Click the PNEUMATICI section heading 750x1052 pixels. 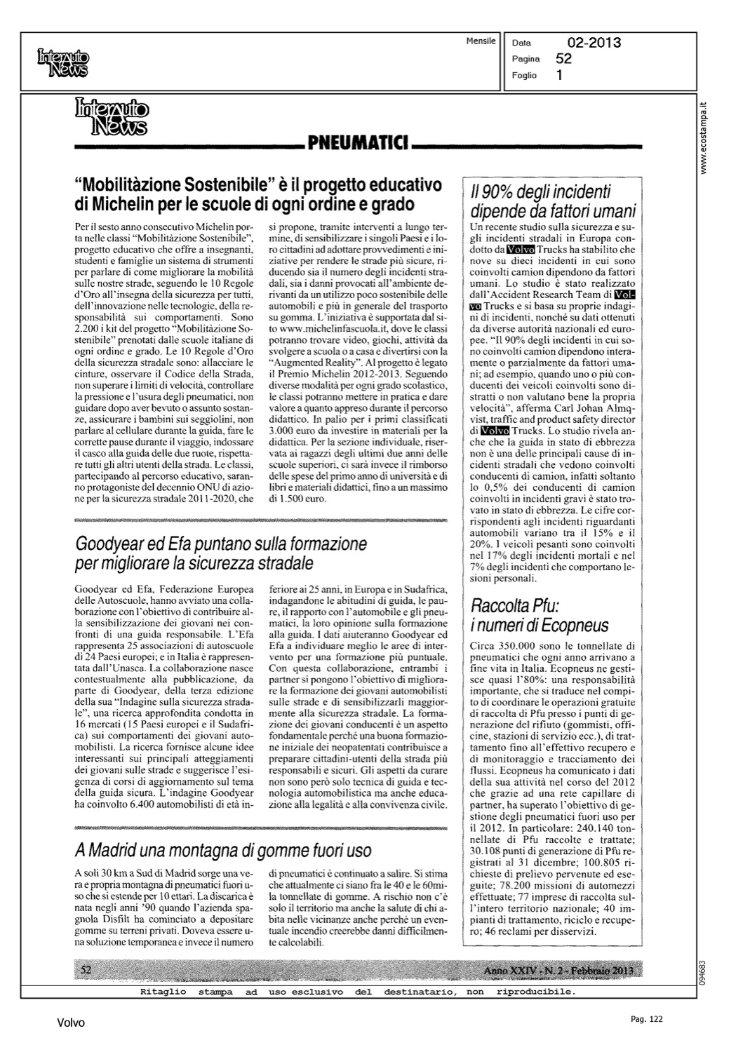click(x=359, y=144)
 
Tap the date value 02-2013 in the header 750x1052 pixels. click(x=594, y=43)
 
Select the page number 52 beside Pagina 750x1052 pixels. click(x=563, y=59)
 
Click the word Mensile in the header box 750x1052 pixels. click(x=481, y=41)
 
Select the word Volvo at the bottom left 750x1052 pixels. click(x=71, y=1023)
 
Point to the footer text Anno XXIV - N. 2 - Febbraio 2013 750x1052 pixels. click(x=558, y=970)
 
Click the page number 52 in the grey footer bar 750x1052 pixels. click(x=86, y=970)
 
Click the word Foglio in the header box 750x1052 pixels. click(x=525, y=75)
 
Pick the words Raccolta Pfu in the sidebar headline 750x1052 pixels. click(x=514, y=605)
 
